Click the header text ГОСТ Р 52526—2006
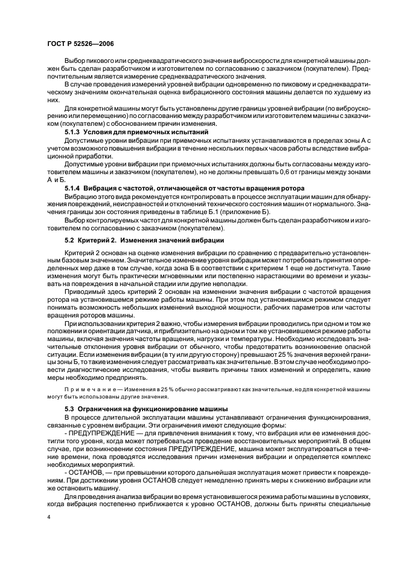click(80, 44)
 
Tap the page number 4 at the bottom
click(49, 518)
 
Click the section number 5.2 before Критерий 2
click(69, 241)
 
